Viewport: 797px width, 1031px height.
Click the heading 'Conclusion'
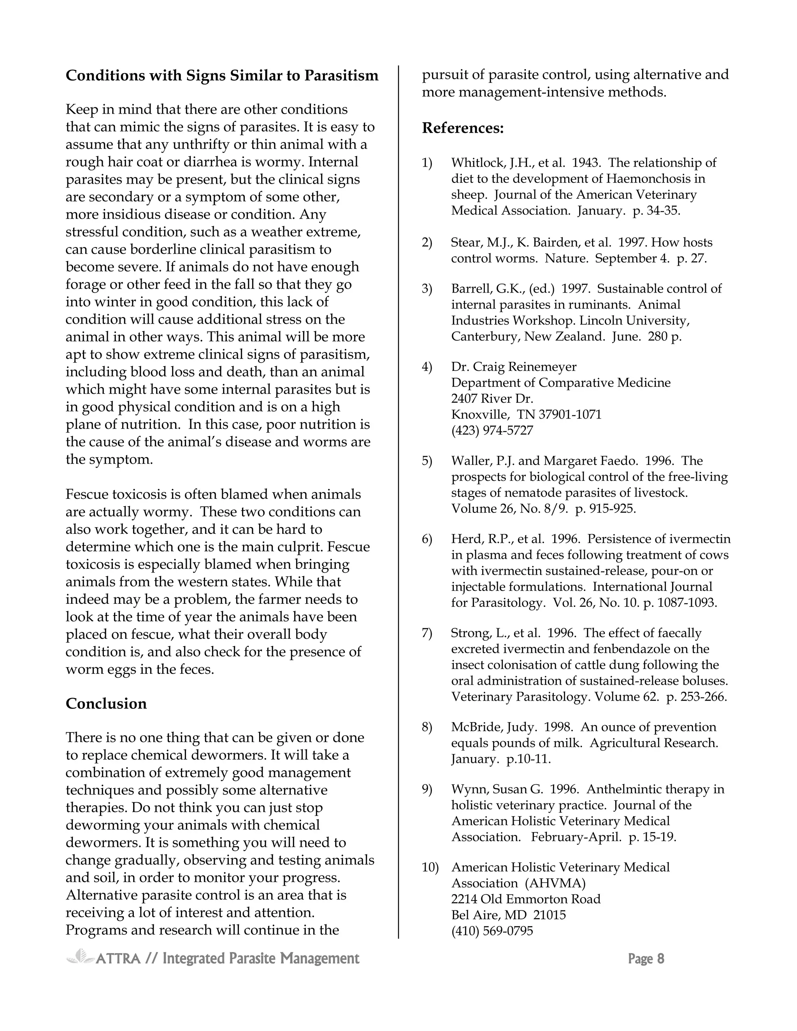(106, 704)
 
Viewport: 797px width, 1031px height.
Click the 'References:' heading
(463, 128)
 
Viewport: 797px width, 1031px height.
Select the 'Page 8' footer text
(646, 959)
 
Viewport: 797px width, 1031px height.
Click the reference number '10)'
(430, 867)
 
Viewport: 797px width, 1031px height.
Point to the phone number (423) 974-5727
(492, 431)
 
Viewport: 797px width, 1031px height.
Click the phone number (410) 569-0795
(492, 931)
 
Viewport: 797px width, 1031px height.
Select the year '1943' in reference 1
(586, 163)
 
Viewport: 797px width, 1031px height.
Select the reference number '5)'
(427, 461)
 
